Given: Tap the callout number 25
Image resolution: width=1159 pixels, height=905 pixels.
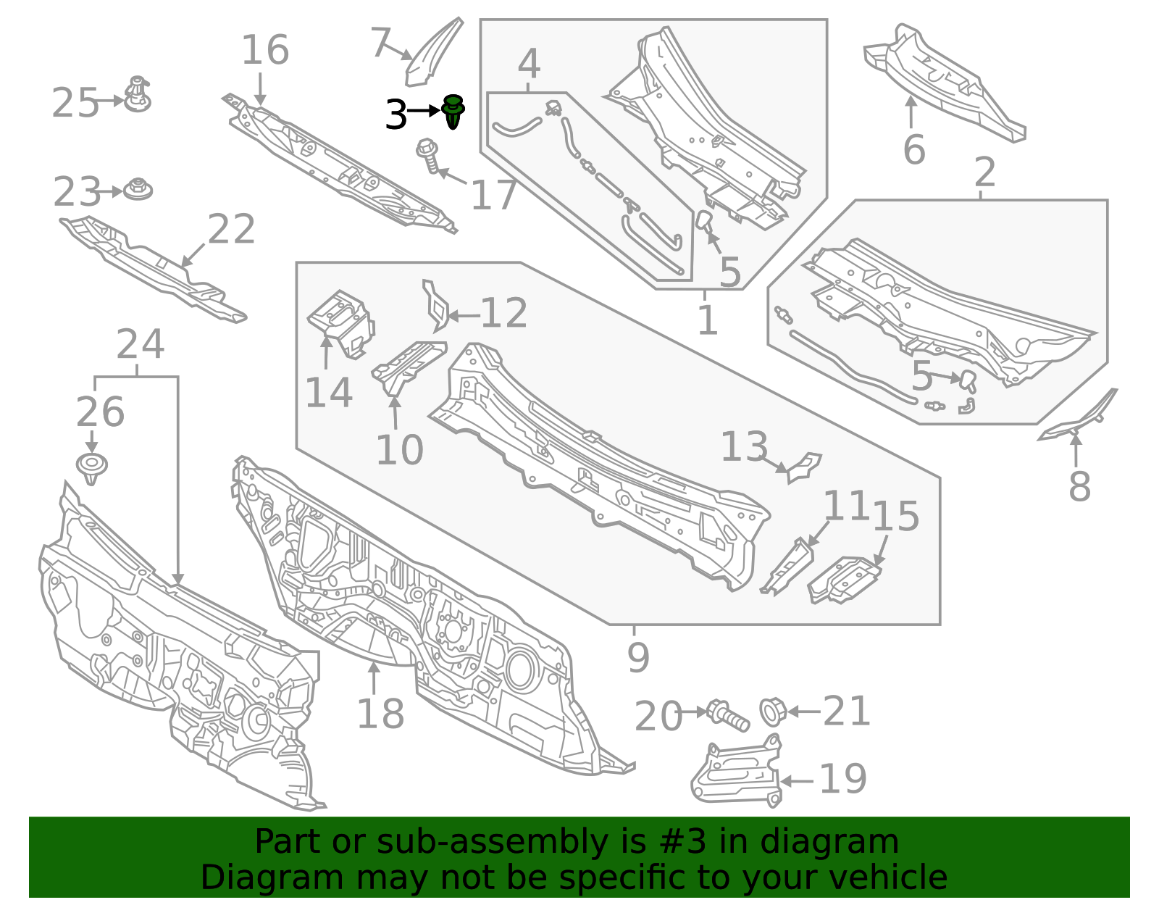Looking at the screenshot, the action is pyautogui.click(x=75, y=103).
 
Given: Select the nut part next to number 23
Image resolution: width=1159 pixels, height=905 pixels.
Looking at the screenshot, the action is pyautogui.click(x=137, y=190).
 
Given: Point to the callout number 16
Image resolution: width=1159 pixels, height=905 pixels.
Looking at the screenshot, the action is pyautogui.click(x=264, y=50).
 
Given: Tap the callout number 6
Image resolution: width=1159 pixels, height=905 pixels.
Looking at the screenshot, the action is pyautogui.click(x=914, y=150).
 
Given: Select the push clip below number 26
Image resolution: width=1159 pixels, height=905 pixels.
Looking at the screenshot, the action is pyautogui.click(x=91, y=468).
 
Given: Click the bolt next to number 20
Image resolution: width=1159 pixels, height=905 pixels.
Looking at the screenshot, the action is pyautogui.click(x=727, y=714).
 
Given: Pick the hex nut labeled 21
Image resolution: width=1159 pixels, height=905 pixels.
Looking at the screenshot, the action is pyautogui.click(x=772, y=711).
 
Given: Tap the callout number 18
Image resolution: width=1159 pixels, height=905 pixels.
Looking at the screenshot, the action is pyautogui.click(x=380, y=714).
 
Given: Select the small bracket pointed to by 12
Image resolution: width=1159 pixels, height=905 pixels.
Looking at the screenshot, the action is pyautogui.click(x=435, y=306).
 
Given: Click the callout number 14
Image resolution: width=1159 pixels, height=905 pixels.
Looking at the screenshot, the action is pyautogui.click(x=329, y=393).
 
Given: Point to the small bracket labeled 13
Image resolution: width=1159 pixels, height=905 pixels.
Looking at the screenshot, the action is pyautogui.click(x=803, y=467).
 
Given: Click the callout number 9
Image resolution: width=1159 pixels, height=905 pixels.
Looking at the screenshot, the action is pyautogui.click(x=638, y=657).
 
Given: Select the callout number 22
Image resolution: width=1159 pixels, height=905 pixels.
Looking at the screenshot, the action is pyautogui.click(x=232, y=230).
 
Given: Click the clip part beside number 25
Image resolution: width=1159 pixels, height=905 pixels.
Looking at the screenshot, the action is pyautogui.click(x=137, y=95).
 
